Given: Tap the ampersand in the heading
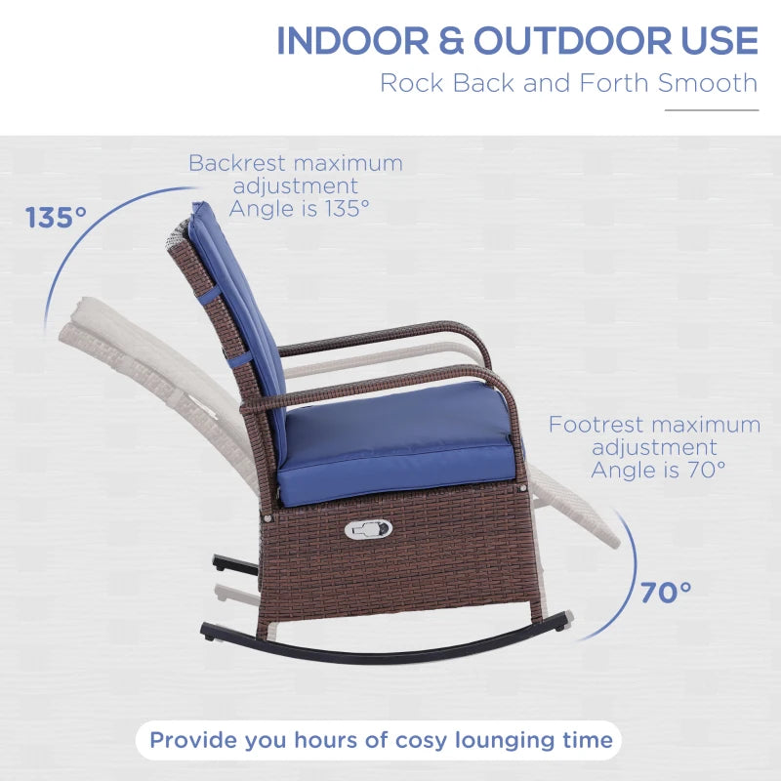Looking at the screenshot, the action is click(451, 40).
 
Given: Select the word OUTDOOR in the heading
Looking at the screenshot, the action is click(573, 40).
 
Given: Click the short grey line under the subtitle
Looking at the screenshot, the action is click(712, 110).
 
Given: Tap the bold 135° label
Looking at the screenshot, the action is click(56, 218).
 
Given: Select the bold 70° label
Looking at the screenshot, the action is click(666, 593).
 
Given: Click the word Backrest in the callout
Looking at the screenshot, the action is click(237, 163).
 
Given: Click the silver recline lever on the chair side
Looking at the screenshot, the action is click(368, 528).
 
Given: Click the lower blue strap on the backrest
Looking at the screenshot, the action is click(240, 358).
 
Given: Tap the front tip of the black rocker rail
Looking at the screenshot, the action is click(568, 619).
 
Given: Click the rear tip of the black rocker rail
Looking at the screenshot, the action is click(205, 631).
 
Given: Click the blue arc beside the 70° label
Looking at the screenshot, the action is click(634, 573).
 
